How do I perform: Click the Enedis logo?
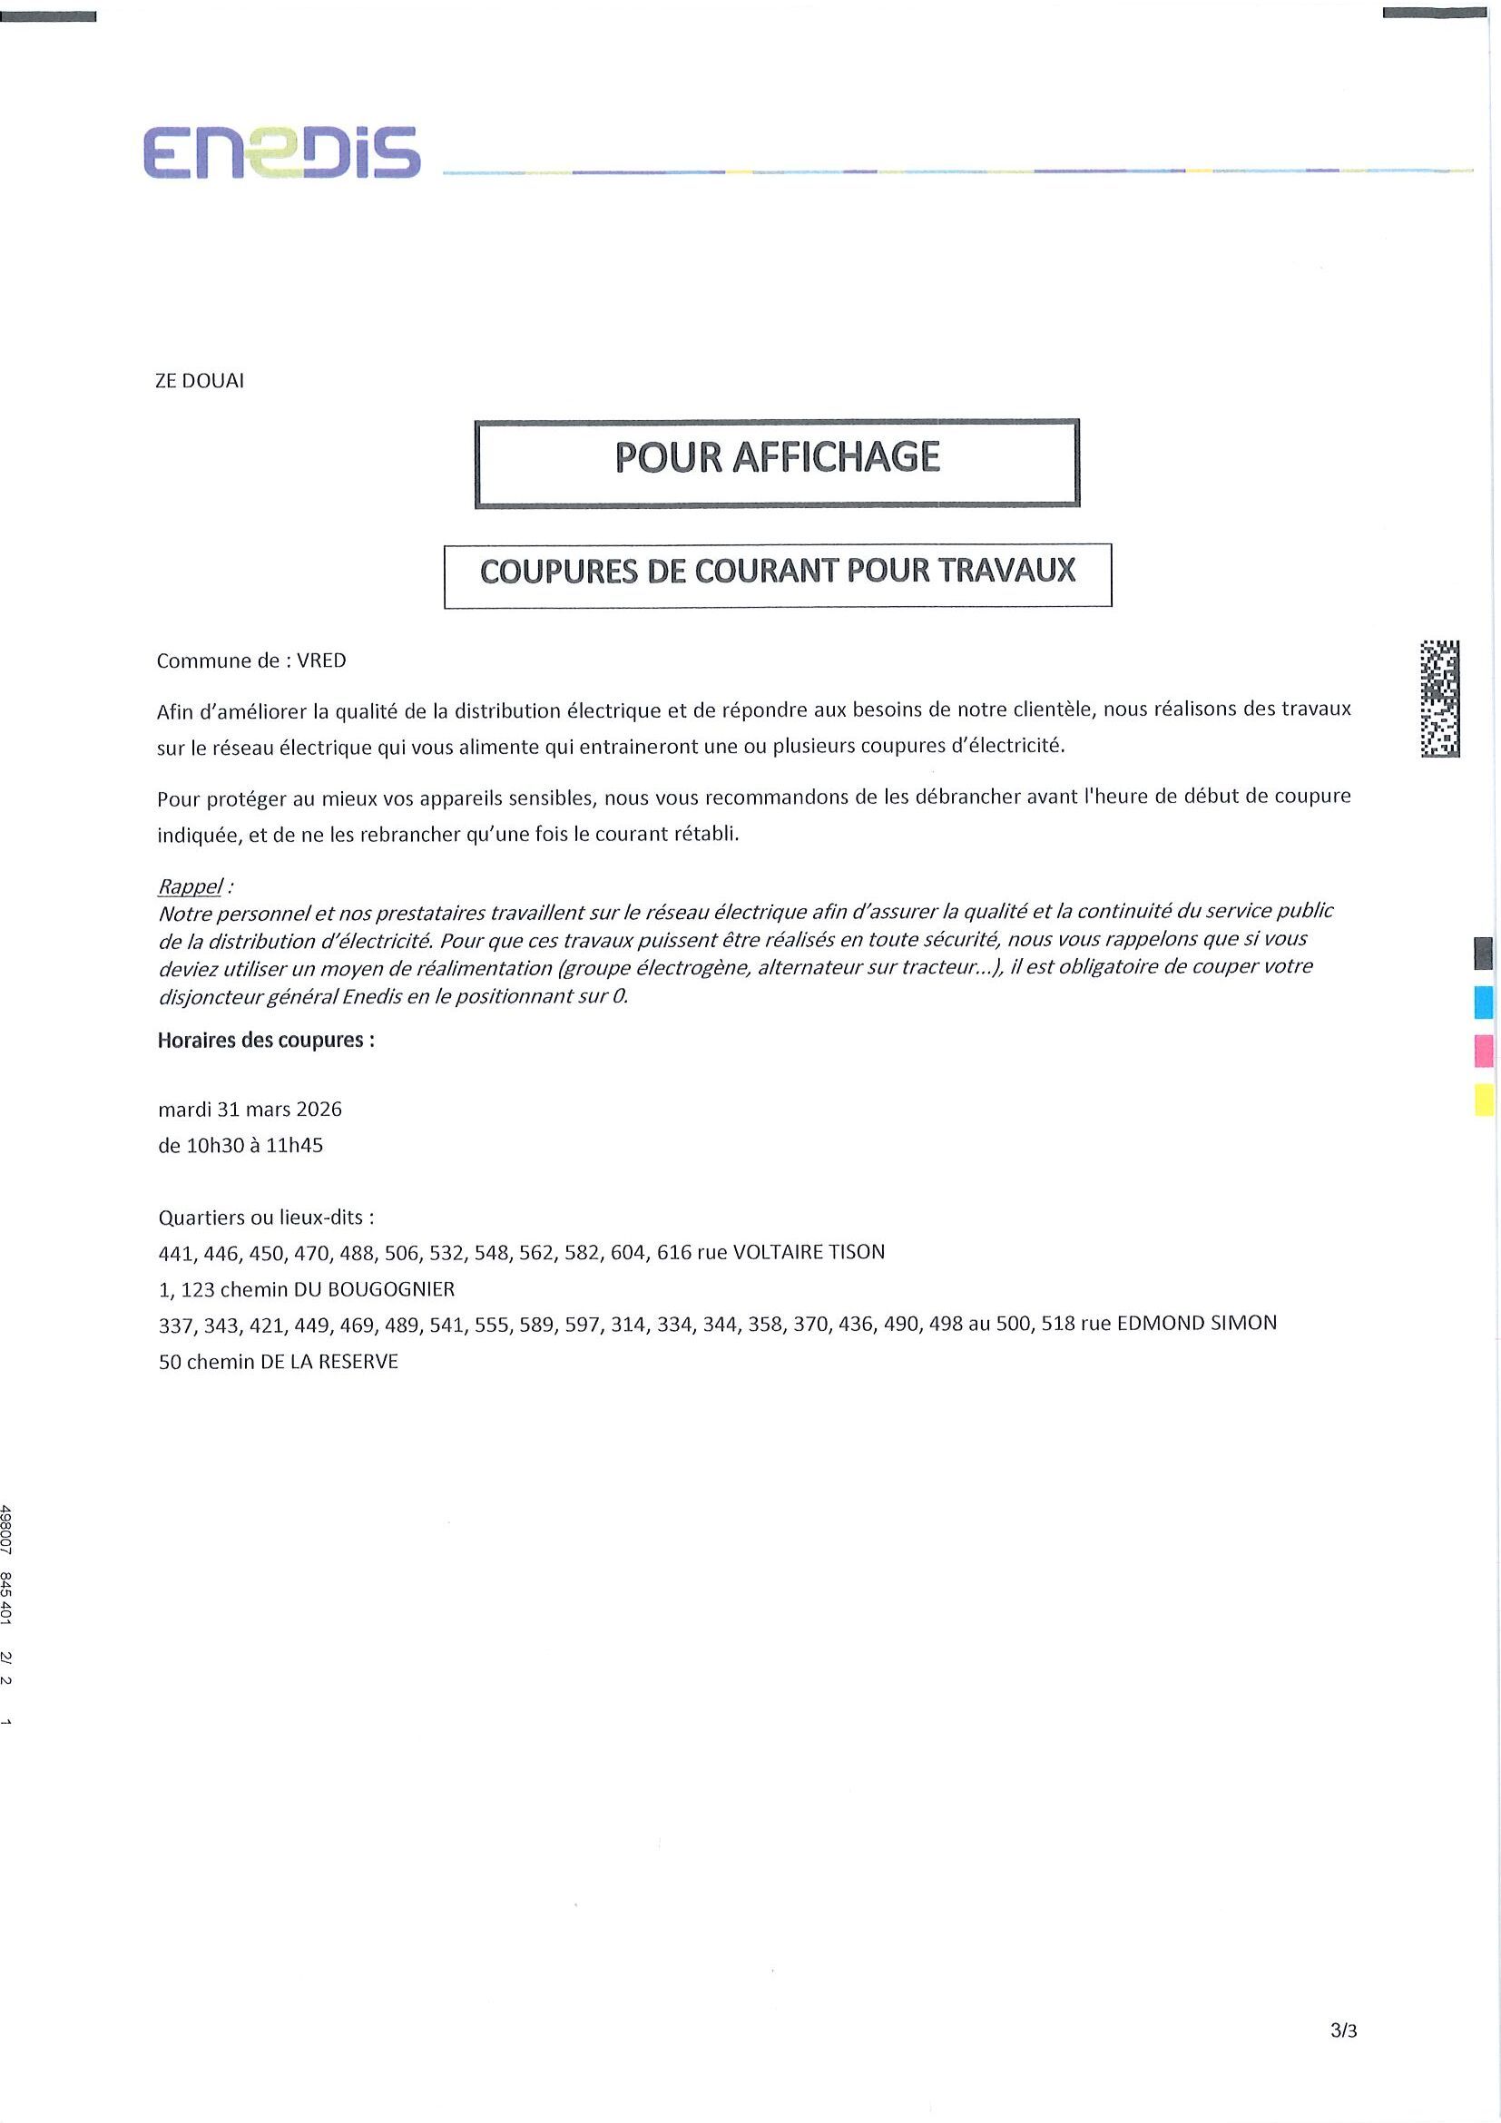point(281,152)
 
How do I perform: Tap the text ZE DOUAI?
point(199,381)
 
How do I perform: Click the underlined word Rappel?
point(190,885)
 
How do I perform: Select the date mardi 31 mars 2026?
point(250,1109)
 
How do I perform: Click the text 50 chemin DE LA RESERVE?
point(279,1362)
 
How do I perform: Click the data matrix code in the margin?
point(1440,698)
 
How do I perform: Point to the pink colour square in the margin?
point(1483,1051)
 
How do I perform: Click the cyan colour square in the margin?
point(1483,1002)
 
